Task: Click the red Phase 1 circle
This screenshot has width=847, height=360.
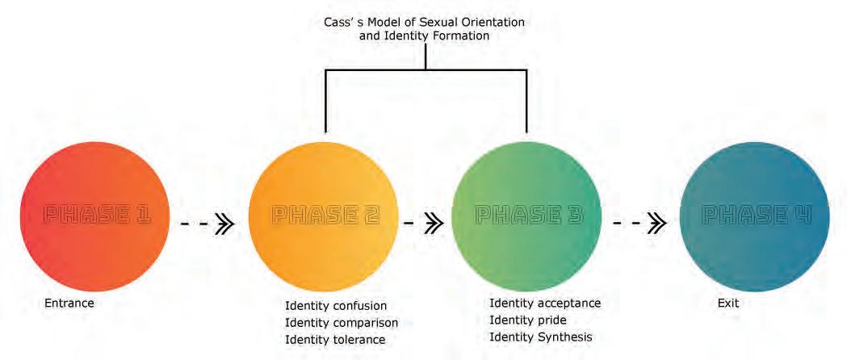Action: (94, 216)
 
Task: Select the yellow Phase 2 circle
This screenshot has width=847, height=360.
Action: (324, 216)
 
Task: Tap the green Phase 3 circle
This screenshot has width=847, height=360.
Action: (526, 216)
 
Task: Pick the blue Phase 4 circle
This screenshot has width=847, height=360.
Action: (755, 216)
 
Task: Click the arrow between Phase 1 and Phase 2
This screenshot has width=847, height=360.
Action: (208, 224)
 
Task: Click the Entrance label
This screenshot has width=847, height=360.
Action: (69, 304)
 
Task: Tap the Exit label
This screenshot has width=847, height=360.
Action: (727, 304)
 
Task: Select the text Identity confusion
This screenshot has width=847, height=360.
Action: (336, 306)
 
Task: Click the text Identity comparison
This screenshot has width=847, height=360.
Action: (342, 323)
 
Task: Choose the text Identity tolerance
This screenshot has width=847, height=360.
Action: (335, 340)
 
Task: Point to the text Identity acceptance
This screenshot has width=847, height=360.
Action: (545, 303)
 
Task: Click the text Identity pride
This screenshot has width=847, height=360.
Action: (528, 320)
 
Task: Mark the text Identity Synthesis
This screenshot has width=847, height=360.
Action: (541, 337)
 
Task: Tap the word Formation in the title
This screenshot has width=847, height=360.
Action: (460, 36)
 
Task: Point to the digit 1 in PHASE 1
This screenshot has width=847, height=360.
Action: (143, 216)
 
